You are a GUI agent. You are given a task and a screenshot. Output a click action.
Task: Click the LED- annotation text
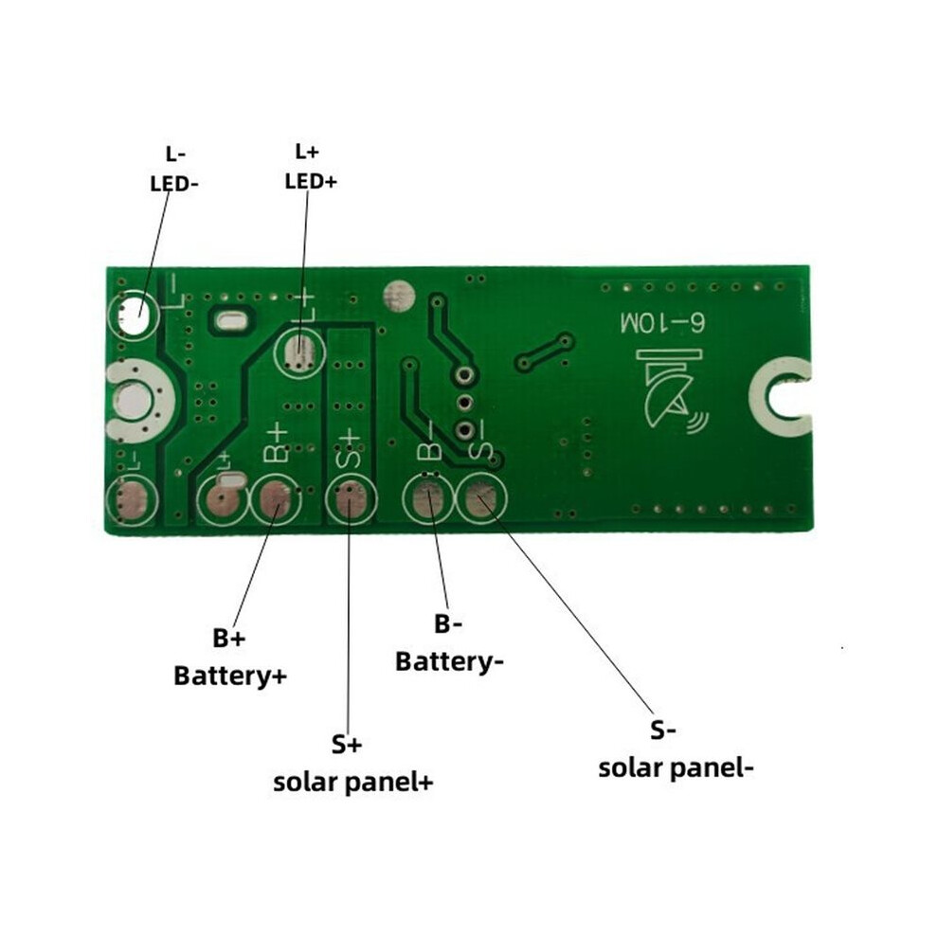[173, 184]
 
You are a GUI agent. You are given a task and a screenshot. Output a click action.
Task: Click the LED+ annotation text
[311, 181]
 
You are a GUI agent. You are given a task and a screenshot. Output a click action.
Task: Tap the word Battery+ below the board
[230, 676]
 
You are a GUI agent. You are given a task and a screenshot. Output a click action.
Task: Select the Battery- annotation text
[449, 661]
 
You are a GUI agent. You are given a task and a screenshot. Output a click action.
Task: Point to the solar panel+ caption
[353, 783]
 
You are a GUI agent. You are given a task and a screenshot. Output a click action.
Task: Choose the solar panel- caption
[676, 768]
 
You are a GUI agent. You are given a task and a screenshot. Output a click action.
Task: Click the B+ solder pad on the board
[275, 499]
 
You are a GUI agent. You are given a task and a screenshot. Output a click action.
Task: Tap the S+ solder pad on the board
[352, 500]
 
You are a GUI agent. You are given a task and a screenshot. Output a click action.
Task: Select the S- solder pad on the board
[481, 498]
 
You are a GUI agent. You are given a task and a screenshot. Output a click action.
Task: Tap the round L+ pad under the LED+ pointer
[299, 352]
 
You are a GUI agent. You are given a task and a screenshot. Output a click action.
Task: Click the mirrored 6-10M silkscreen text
[663, 323]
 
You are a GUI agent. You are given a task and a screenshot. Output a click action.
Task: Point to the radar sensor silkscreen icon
[671, 392]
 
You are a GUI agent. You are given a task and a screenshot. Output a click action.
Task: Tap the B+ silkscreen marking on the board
[276, 443]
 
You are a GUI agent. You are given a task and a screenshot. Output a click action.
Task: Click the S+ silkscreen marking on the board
[349, 448]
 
